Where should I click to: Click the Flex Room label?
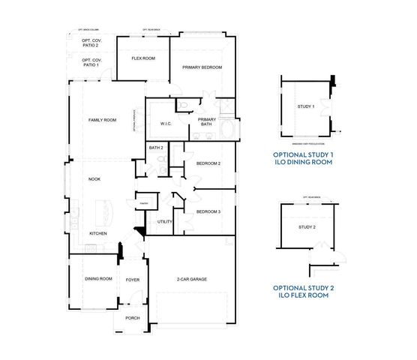point(142,58)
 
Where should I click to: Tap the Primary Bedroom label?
point(202,67)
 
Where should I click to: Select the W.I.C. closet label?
point(166,124)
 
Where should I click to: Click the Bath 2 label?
point(156,148)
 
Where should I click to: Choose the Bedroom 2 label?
point(208,163)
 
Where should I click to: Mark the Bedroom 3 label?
point(208,212)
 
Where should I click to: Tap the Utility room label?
point(165,221)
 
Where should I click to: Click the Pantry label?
point(142,203)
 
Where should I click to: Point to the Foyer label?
point(133,280)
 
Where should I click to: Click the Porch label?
point(133,317)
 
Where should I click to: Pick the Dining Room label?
point(98,279)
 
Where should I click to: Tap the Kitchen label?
point(98,233)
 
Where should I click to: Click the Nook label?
point(94,179)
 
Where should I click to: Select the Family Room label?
point(102,120)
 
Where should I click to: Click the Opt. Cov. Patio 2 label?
point(91,43)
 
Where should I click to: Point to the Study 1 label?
point(305,107)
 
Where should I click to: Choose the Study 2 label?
point(307,227)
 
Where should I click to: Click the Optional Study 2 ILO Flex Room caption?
point(301,291)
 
